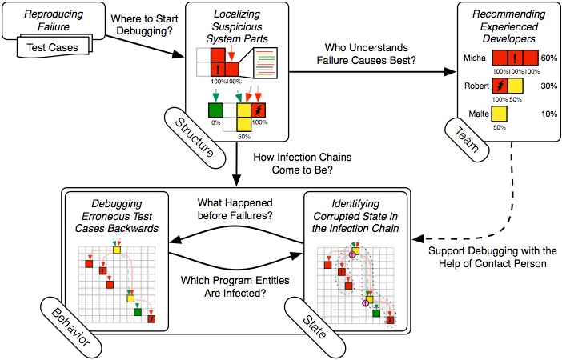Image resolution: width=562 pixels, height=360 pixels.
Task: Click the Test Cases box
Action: pyautogui.click(x=51, y=47)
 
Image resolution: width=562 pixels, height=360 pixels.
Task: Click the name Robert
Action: pyautogui.click(x=476, y=85)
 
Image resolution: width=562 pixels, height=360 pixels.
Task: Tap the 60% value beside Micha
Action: pyautogui.click(x=548, y=58)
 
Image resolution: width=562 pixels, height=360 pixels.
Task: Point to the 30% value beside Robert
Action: pyautogui.click(x=548, y=86)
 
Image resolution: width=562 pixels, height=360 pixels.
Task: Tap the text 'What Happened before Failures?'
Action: pyautogui.click(x=234, y=208)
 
